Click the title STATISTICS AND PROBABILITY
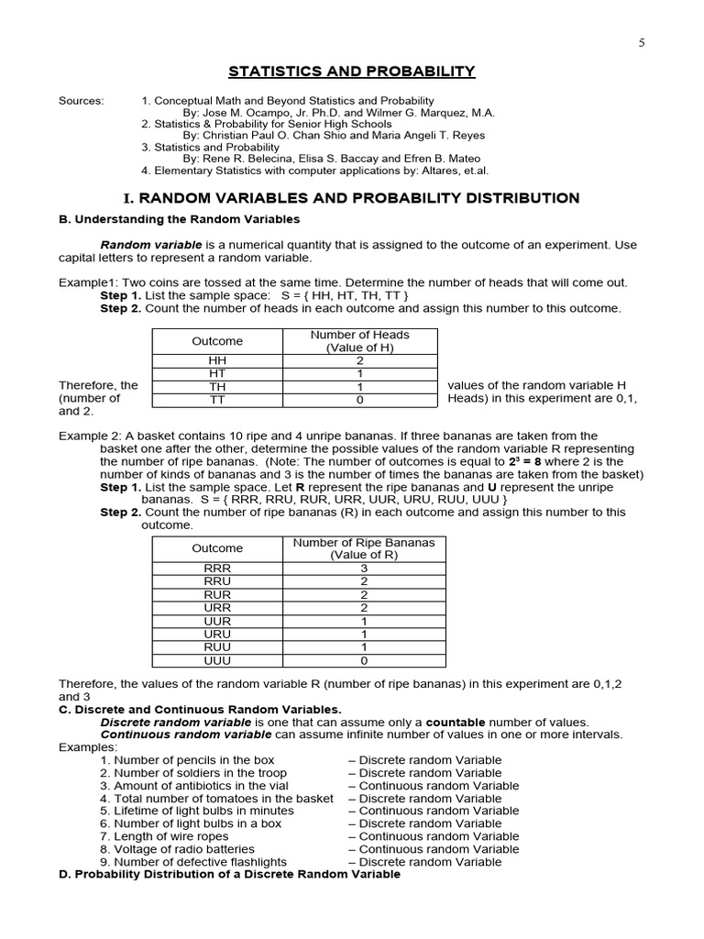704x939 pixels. [x=351, y=72]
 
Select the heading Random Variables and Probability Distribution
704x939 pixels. [x=351, y=198]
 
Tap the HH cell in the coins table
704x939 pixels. [x=217, y=360]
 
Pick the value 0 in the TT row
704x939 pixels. [x=359, y=400]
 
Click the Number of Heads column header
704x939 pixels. [x=359, y=341]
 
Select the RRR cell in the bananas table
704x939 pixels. [x=217, y=569]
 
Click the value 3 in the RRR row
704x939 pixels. [x=364, y=569]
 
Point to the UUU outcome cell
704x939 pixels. [x=217, y=660]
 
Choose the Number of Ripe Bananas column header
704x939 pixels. [x=364, y=548]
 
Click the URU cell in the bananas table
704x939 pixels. [x=217, y=634]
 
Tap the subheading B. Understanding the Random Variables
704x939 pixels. [x=180, y=220]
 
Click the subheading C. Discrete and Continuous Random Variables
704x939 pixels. [x=200, y=710]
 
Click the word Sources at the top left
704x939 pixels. [x=82, y=101]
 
